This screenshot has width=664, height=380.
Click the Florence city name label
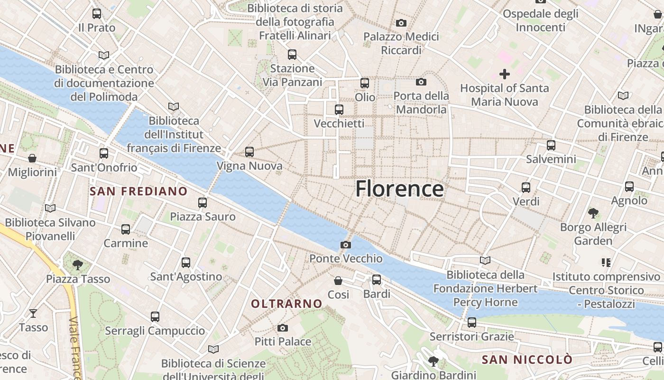(399, 189)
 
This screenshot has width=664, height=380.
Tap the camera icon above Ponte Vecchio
(346, 245)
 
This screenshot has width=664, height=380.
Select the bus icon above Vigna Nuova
(249, 152)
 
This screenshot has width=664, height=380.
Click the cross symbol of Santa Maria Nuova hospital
(505, 74)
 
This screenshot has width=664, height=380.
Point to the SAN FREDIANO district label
(138, 191)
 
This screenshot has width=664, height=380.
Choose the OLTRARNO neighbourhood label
(286, 304)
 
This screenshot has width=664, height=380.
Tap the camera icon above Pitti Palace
(283, 328)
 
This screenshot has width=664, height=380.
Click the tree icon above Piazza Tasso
(78, 265)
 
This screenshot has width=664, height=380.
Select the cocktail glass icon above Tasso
(33, 313)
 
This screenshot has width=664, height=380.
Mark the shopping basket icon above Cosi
(338, 281)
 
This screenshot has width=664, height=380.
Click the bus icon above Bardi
(377, 280)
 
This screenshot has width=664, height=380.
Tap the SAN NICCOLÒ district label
(527, 360)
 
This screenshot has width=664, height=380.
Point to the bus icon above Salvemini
(551, 145)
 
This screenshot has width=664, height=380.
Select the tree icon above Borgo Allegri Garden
(593, 213)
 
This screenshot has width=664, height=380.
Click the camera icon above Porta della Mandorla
(421, 82)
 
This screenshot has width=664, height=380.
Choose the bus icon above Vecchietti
(339, 110)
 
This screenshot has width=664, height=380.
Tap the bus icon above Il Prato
(97, 14)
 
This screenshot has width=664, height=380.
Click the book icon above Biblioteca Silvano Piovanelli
(50, 208)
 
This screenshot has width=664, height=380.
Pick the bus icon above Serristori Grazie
(471, 323)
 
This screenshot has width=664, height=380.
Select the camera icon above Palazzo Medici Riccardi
(401, 23)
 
